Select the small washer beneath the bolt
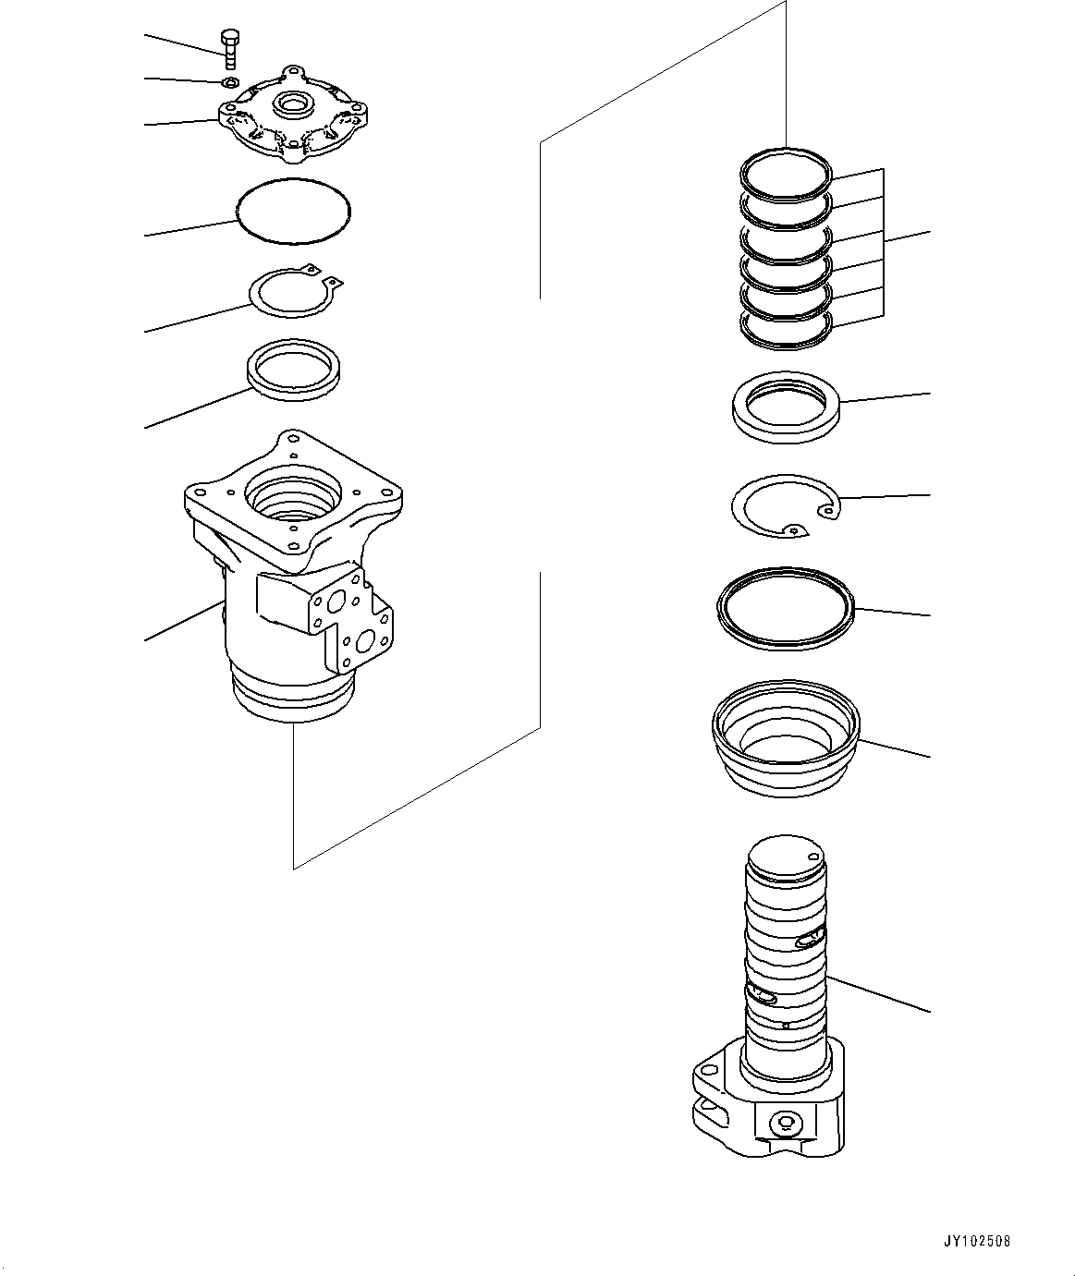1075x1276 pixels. [232, 83]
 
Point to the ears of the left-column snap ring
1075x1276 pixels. [325, 274]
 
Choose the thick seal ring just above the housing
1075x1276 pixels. [293, 370]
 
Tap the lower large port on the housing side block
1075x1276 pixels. [363, 641]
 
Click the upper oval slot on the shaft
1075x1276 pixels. [808, 941]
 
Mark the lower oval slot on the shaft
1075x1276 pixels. [763, 994]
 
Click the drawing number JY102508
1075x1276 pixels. [977, 1241]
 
